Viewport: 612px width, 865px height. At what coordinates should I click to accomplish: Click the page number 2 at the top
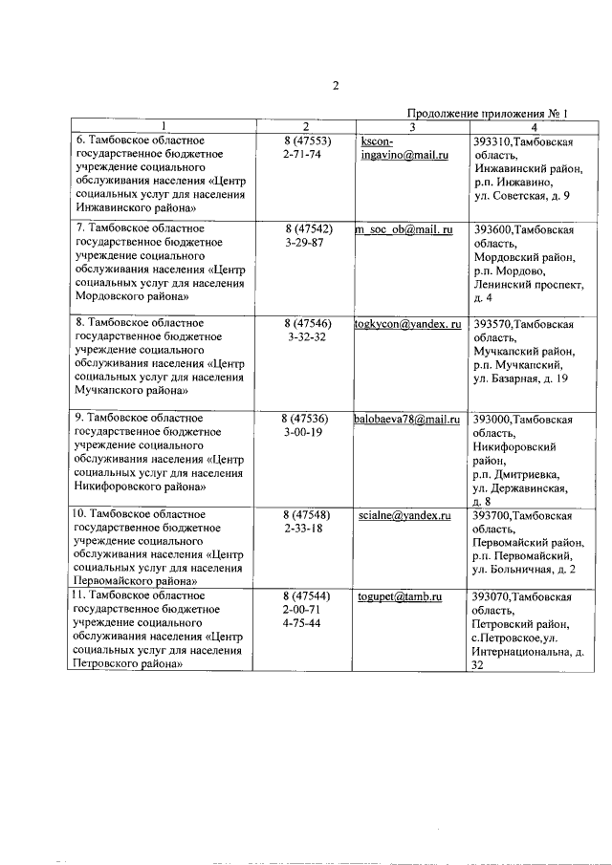coord(336,85)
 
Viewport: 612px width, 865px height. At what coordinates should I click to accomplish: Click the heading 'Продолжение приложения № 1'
coord(488,113)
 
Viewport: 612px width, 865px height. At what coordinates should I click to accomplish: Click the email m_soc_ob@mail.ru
coord(404,230)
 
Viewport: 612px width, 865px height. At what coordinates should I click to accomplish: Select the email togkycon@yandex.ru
coord(408,325)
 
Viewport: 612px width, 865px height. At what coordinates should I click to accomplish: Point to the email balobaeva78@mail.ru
coord(407,419)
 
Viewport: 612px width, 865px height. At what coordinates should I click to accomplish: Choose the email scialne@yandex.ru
coord(404,515)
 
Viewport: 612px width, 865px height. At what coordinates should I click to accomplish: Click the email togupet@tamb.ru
coord(399,596)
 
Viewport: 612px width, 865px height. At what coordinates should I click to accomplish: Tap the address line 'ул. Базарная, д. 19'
coord(521,378)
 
